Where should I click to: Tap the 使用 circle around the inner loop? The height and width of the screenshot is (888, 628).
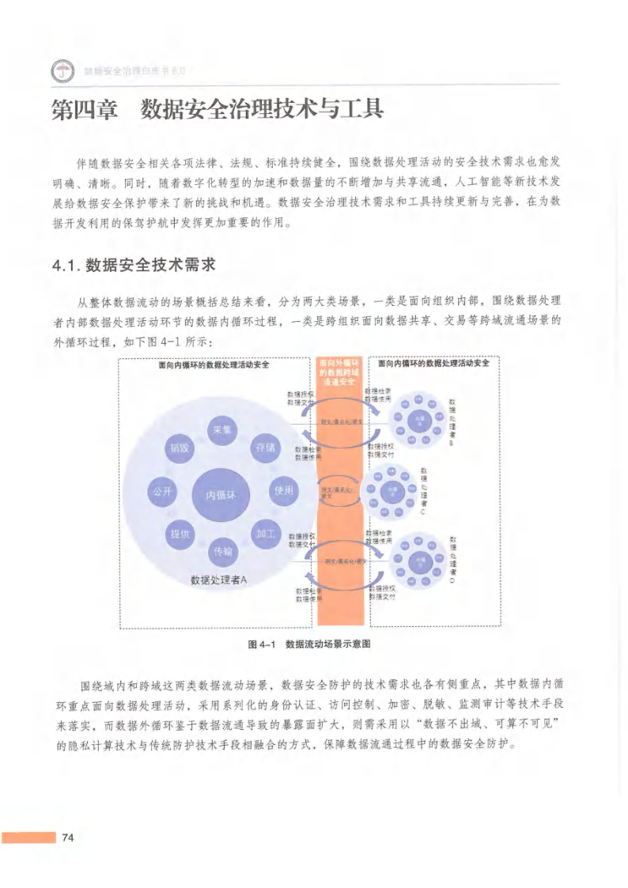283,491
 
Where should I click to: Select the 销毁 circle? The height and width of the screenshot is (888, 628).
177,448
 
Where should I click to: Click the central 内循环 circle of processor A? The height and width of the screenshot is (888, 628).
221,494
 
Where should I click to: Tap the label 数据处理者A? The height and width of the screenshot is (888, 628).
219,580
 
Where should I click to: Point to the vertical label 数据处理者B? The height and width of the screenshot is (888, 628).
452,422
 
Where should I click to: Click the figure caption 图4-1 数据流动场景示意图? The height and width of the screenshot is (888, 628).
309,643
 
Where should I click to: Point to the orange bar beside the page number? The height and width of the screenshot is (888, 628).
28,838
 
